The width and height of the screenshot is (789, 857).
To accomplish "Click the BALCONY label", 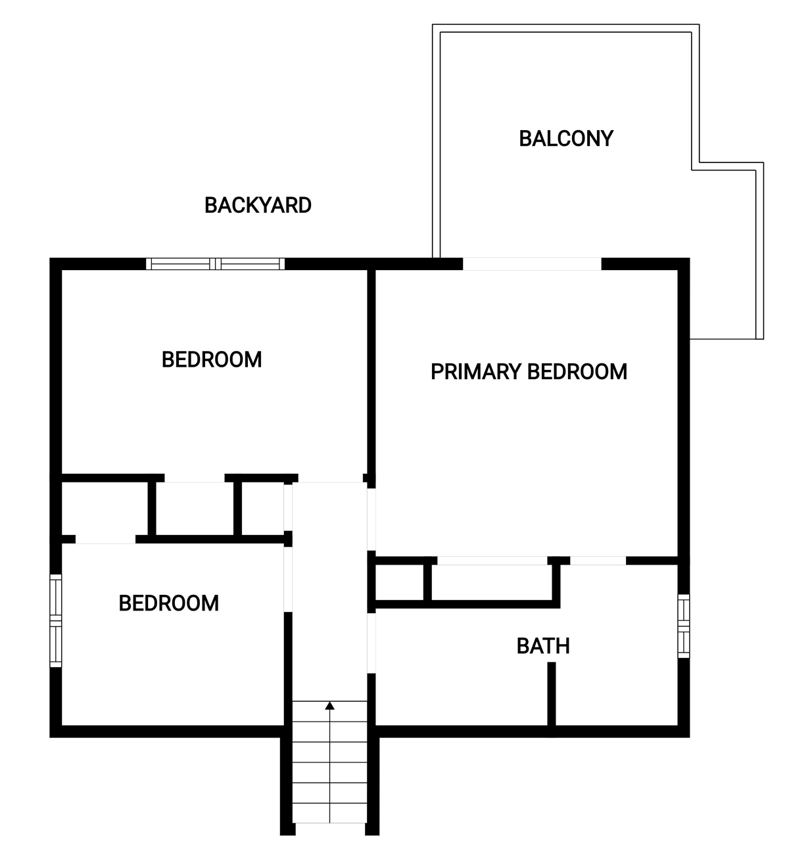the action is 566,139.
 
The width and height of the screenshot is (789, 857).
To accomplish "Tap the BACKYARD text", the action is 258,206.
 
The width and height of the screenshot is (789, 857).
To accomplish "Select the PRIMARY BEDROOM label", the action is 529,372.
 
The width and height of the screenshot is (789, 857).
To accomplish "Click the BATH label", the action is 543,646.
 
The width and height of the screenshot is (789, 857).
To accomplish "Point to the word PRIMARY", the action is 476,372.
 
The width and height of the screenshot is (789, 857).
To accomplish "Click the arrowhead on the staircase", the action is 329,705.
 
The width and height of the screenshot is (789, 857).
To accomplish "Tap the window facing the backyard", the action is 216,264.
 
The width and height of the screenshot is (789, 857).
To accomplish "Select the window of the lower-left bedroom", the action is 56,620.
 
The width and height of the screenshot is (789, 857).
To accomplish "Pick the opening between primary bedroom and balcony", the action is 532,264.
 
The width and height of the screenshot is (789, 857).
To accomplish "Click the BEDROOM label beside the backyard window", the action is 212,359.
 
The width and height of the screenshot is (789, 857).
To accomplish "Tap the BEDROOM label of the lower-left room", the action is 168,603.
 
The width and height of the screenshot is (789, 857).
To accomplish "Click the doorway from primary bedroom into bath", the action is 598,561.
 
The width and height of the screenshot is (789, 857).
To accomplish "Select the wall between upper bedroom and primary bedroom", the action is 371,376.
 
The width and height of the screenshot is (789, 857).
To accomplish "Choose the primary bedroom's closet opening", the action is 492,561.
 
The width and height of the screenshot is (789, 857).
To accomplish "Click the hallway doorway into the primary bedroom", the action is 371,519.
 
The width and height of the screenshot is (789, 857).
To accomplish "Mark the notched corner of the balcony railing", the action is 696,166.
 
